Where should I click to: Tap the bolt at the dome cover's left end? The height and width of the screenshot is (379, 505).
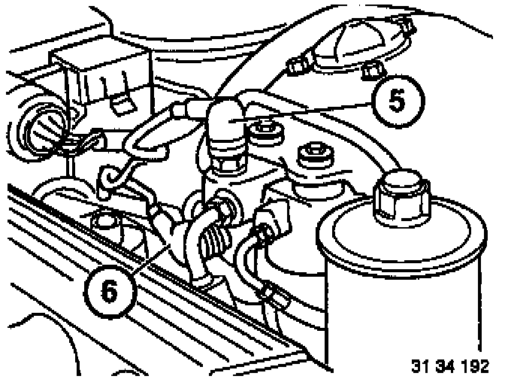tap(296, 67)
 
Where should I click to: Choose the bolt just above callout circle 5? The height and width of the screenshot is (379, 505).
tap(371, 70)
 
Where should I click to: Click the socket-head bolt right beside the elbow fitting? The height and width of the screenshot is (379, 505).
tap(265, 133)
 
